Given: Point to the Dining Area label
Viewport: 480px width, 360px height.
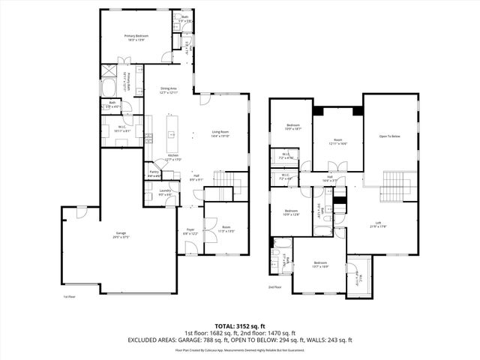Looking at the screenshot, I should click(x=168, y=89).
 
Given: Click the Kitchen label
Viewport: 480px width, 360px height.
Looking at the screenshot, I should click(x=172, y=157).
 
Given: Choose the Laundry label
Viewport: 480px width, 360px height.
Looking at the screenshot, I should click(x=166, y=192).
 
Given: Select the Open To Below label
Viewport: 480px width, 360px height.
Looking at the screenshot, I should click(x=389, y=136).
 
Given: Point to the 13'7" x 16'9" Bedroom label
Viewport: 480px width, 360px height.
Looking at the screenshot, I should click(x=320, y=263).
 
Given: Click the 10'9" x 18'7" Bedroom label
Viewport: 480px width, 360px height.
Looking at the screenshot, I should click(x=292, y=127).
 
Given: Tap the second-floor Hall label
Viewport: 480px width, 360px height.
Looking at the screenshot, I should click(x=328, y=178).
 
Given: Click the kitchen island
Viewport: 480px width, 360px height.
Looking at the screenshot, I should click(x=172, y=134).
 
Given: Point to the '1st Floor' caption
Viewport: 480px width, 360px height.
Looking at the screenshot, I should click(x=70, y=297).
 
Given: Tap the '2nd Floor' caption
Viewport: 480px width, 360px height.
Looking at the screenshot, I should click(x=275, y=286).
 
